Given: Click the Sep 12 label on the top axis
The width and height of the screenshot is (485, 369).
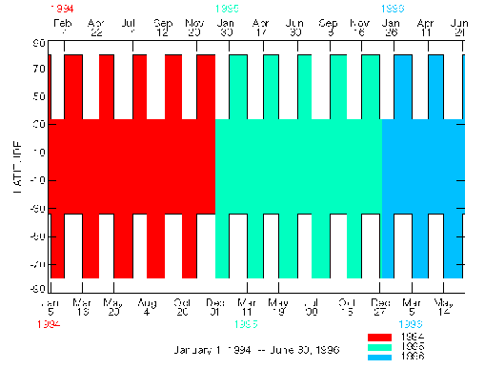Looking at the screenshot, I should coord(163,27).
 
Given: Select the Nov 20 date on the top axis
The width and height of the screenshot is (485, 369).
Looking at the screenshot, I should coord(195,27).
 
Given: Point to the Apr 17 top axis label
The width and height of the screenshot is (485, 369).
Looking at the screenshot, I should coord(261,27).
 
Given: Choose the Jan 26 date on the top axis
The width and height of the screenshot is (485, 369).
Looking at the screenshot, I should coord(391,27).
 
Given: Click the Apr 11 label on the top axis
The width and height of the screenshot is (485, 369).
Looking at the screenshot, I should coord(426,27).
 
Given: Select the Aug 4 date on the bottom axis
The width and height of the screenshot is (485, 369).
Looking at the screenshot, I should coord(148,306).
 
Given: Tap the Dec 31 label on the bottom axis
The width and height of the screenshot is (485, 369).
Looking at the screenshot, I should coord(214,306).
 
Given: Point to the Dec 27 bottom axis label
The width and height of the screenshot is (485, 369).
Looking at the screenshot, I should coord(380,306).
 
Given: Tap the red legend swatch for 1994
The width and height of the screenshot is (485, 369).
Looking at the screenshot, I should coord(380,338).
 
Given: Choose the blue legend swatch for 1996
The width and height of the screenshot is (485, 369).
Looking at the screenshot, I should coord(380,355).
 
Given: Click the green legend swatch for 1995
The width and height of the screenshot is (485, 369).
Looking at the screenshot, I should coord(380,346).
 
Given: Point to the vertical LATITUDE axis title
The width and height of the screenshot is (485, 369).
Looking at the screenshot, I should coord(18,162).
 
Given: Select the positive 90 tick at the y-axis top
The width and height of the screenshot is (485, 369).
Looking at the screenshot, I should coord(39,43).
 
